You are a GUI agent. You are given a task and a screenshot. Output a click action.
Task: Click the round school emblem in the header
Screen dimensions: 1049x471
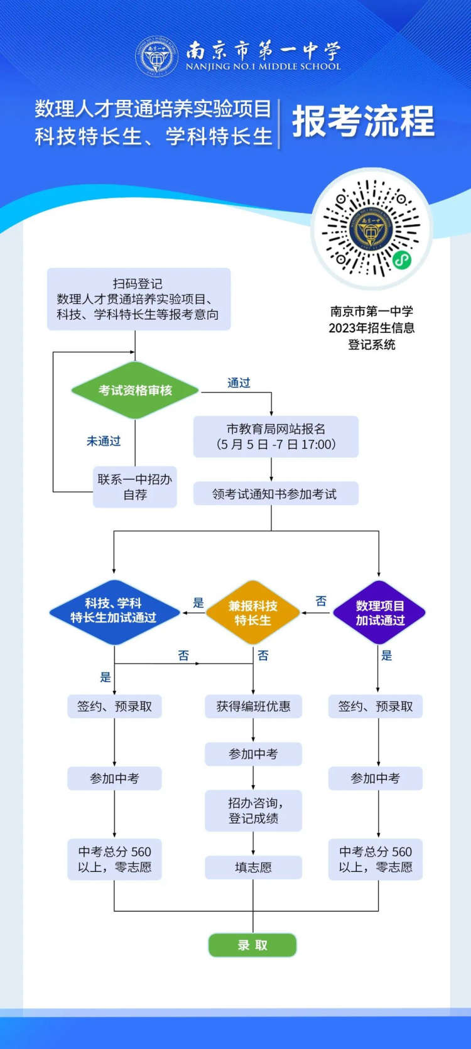156,56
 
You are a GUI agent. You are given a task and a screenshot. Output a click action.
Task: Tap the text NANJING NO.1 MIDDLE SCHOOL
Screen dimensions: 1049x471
263,67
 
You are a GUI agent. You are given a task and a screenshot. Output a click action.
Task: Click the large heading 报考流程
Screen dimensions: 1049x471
363,121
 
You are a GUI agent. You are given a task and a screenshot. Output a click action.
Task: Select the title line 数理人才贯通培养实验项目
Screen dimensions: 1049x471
153,109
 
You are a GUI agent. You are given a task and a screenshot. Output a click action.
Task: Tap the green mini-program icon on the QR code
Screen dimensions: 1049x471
401,259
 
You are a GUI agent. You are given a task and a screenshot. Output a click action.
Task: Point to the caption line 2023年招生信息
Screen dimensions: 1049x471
372,328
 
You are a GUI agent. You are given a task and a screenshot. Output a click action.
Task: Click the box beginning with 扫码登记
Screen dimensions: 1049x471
139,299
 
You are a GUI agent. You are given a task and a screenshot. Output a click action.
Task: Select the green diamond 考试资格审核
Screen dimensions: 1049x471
135,390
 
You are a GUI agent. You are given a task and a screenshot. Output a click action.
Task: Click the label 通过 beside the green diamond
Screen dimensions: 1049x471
239,383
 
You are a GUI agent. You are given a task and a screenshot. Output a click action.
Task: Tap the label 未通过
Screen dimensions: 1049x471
104,441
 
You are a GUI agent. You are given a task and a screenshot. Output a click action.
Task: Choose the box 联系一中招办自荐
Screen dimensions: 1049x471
135,487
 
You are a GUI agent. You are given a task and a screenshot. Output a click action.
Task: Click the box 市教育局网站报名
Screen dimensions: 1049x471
276,437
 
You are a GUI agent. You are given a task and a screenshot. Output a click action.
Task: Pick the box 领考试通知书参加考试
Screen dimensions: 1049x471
275,494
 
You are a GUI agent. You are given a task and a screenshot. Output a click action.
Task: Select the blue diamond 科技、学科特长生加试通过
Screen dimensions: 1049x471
114,611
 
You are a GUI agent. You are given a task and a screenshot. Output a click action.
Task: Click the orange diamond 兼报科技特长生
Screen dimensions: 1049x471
253,612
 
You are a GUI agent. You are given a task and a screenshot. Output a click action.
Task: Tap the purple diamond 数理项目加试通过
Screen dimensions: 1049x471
379,612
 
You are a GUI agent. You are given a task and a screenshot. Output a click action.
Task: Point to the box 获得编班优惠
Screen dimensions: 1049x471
253,707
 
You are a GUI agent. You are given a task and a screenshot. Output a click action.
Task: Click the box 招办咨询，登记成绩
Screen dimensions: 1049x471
253,810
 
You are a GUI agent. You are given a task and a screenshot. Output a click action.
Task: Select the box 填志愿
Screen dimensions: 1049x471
253,867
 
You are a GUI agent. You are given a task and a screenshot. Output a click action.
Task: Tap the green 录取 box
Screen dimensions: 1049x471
252,945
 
